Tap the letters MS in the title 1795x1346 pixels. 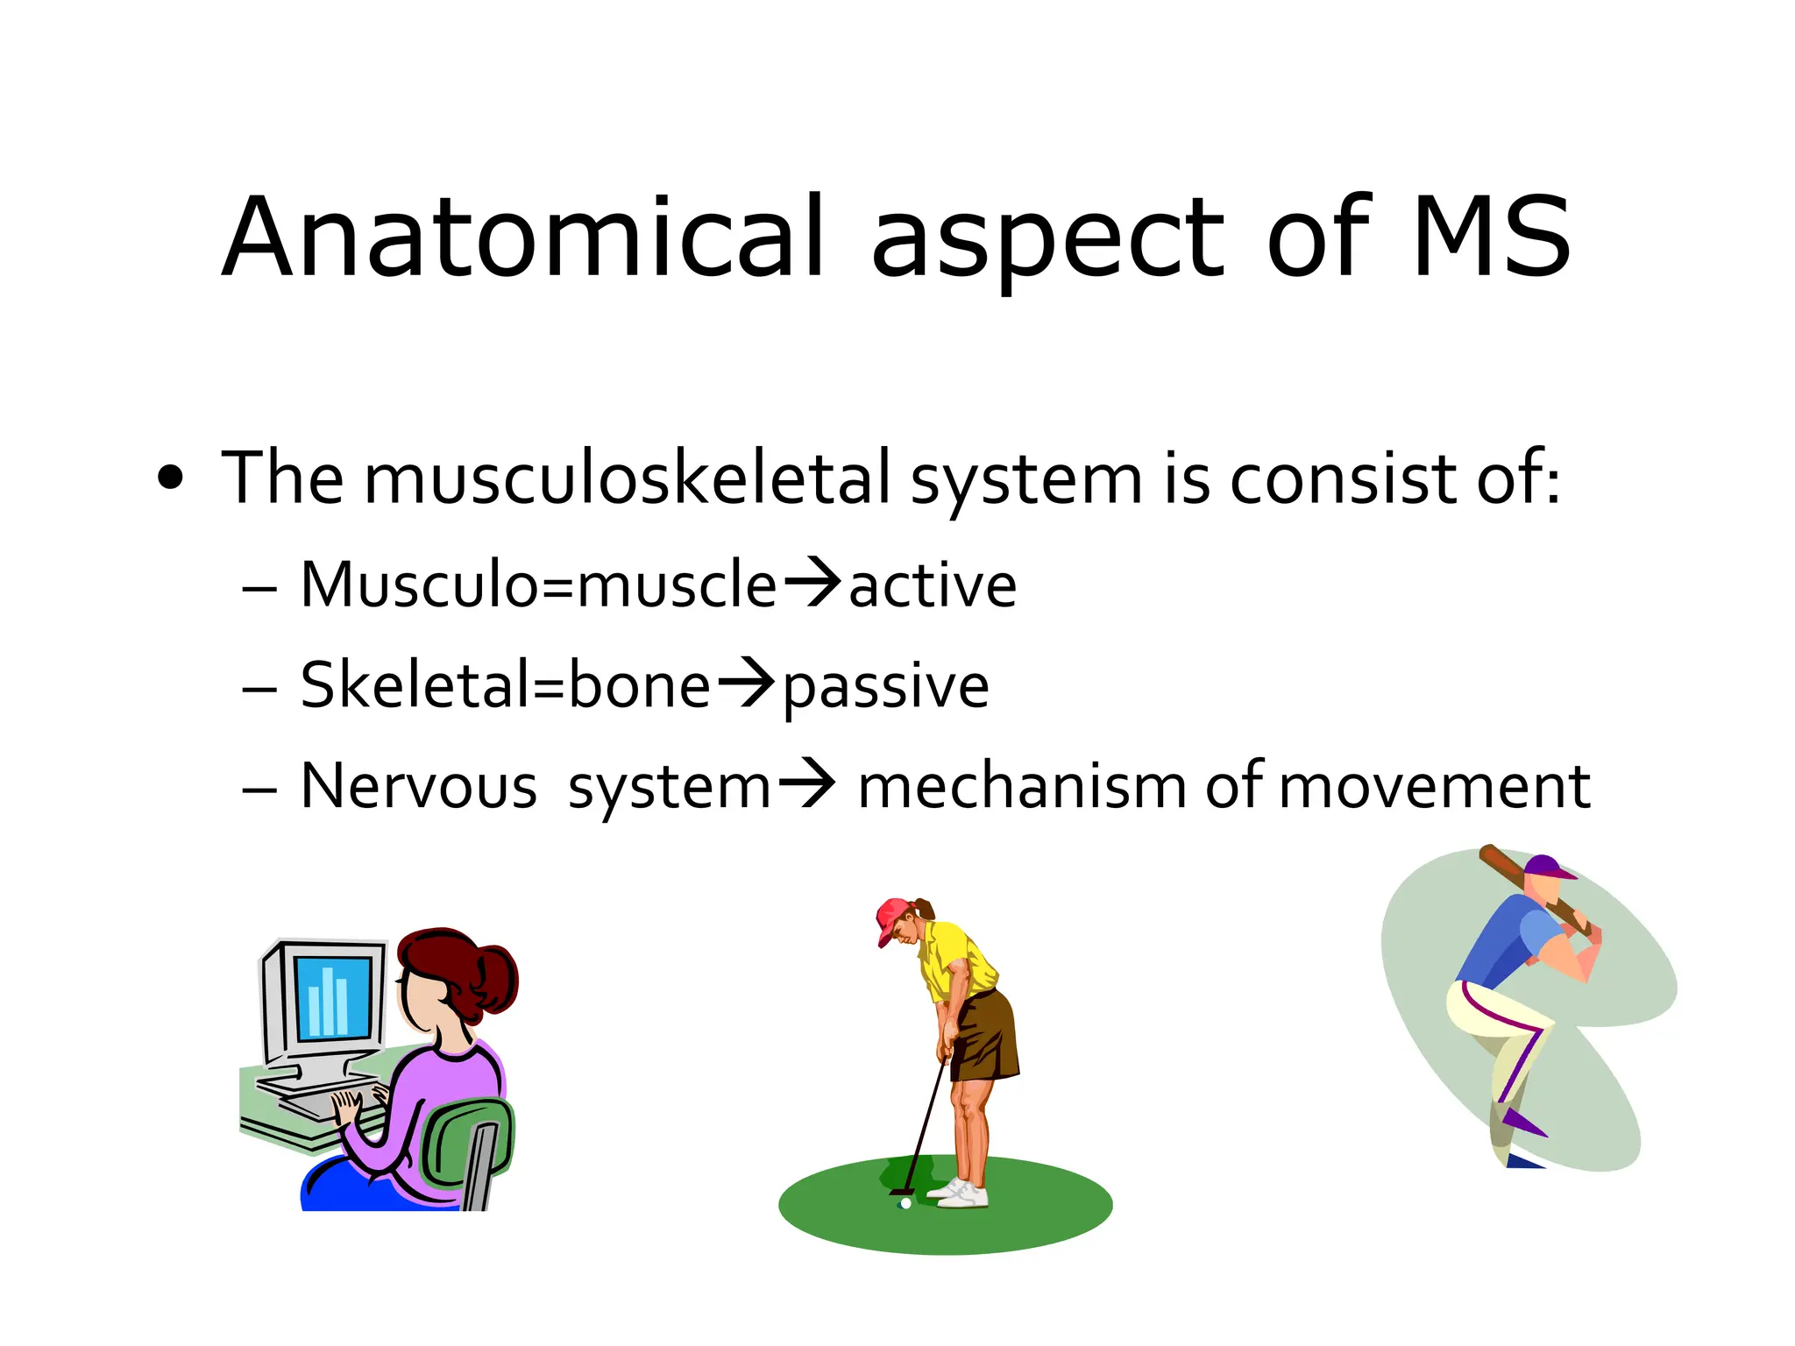click(x=1491, y=238)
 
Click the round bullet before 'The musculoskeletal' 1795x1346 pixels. click(x=171, y=479)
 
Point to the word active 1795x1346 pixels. click(x=933, y=585)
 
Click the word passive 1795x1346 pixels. click(x=885, y=686)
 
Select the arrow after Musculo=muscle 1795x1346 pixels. click(x=812, y=582)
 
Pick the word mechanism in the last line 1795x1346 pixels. click(x=1022, y=786)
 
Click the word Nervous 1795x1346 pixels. click(x=418, y=786)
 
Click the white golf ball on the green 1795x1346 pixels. click(x=905, y=1204)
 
